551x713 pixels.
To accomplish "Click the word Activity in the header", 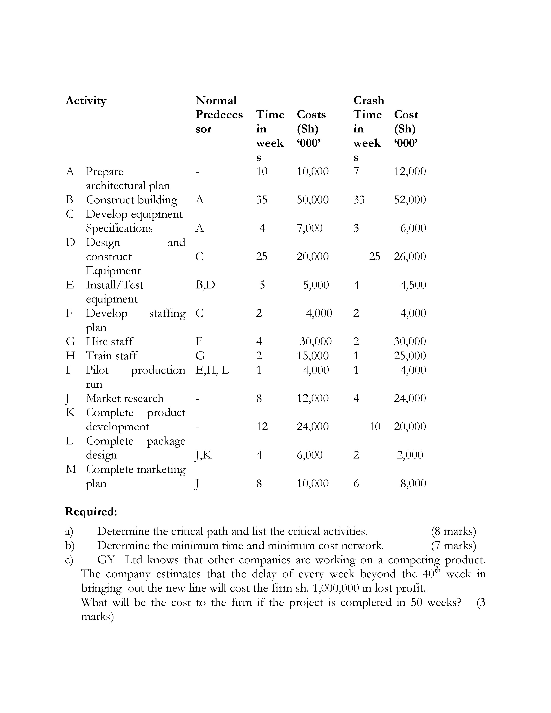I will pos(86,100).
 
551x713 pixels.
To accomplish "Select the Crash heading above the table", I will pos(369,100).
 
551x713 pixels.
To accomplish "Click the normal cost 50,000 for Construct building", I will pos(312,199).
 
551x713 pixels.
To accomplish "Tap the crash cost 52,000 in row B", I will pos(410,199).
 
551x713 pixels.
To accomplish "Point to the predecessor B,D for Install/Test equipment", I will pos(205,285).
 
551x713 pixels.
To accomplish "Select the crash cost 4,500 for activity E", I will pos(413,285).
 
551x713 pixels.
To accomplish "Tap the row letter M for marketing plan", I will pos(71,469).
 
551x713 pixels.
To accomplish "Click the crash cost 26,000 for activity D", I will pos(410,256).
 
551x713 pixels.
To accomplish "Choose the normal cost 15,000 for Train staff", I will pos(312,355).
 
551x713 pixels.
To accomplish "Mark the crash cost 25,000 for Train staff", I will pos(410,355).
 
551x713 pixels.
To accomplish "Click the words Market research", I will pos(125,398).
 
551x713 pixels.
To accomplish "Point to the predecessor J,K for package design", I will pos(203,455).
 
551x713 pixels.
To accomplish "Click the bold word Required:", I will pos(91,512).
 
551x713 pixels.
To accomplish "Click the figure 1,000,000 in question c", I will pos(336,588).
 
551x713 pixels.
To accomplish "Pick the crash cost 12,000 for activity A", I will pos(410,171).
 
